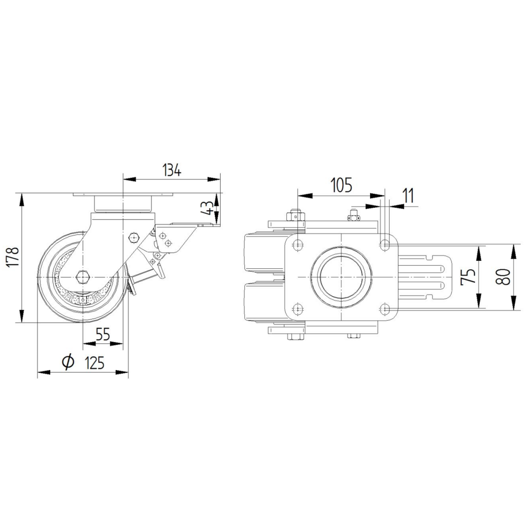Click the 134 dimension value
tap(172, 170)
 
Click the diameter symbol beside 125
tap(67, 362)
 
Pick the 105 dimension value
tap(341, 185)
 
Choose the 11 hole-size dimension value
tap(408, 195)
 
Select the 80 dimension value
tap(505, 276)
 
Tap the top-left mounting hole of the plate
tap(298, 244)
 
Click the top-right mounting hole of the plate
tap(386, 244)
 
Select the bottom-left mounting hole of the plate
tap(298, 308)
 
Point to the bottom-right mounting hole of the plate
tap(386, 308)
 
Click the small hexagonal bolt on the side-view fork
tap(133, 237)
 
